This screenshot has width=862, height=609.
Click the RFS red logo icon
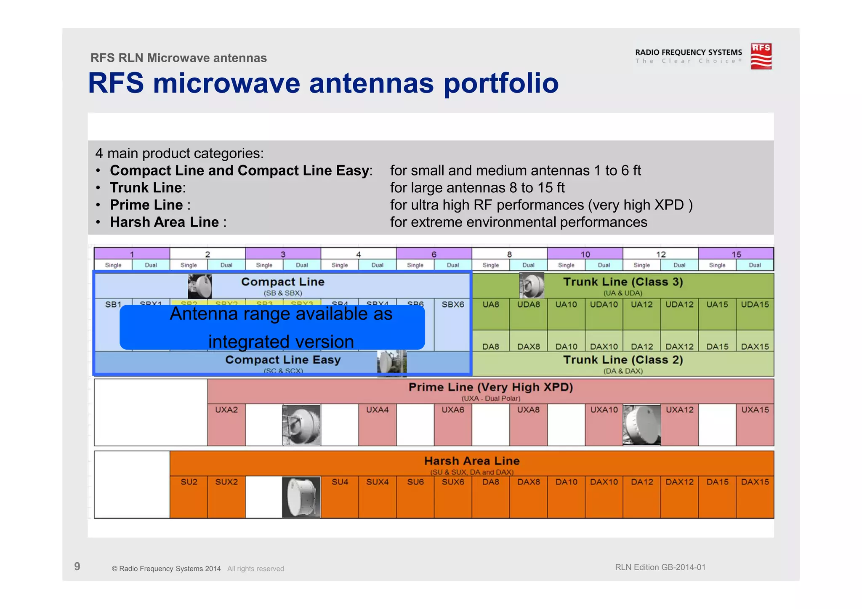click(761, 56)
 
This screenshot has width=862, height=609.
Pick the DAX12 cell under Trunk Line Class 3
click(679, 346)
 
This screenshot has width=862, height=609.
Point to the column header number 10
click(585, 254)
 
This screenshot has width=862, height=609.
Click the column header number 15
click(736, 254)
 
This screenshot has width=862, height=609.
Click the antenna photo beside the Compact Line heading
click(200, 286)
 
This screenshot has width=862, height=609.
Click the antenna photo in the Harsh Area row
click(301, 497)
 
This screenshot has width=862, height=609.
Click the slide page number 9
click(77, 566)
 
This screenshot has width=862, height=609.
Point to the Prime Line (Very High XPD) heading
click(491, 387)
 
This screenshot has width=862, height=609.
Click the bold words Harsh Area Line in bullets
click(164, 222)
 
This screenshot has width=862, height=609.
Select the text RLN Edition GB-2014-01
click(660, 567)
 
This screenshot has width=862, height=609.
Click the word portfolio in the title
click(501, 83)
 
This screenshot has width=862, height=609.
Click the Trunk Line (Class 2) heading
click(623, 360)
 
